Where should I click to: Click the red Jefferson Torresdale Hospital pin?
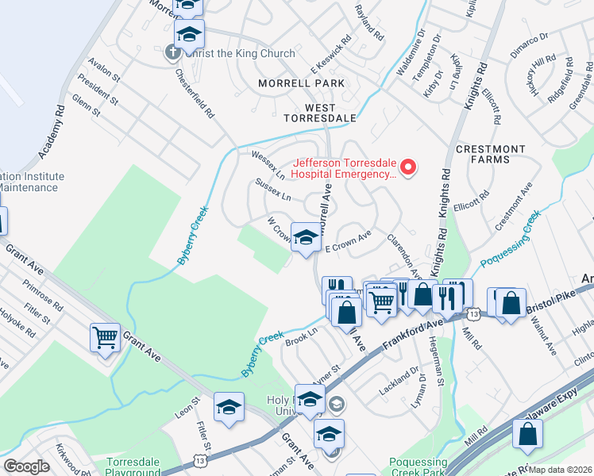pyautogui.click(x=409, y=167)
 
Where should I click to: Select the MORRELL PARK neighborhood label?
pyautogui.click(x=301, y=83)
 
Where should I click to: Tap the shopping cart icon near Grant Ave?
pyautogui.click(x=105, y=339)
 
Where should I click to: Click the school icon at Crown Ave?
pyautogui.click(x=305, y=236)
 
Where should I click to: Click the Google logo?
pyautogui.click(x=26, y=466)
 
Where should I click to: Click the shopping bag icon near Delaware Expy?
pyautogui.click(x=528, y=434)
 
